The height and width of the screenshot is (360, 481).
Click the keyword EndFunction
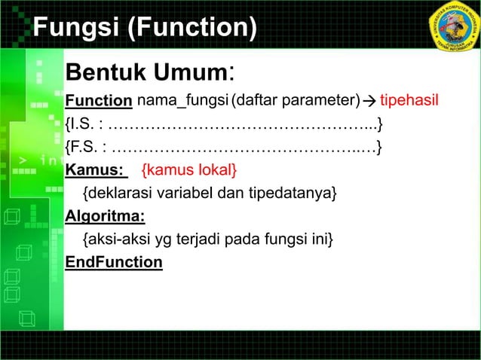pos(114,262)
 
